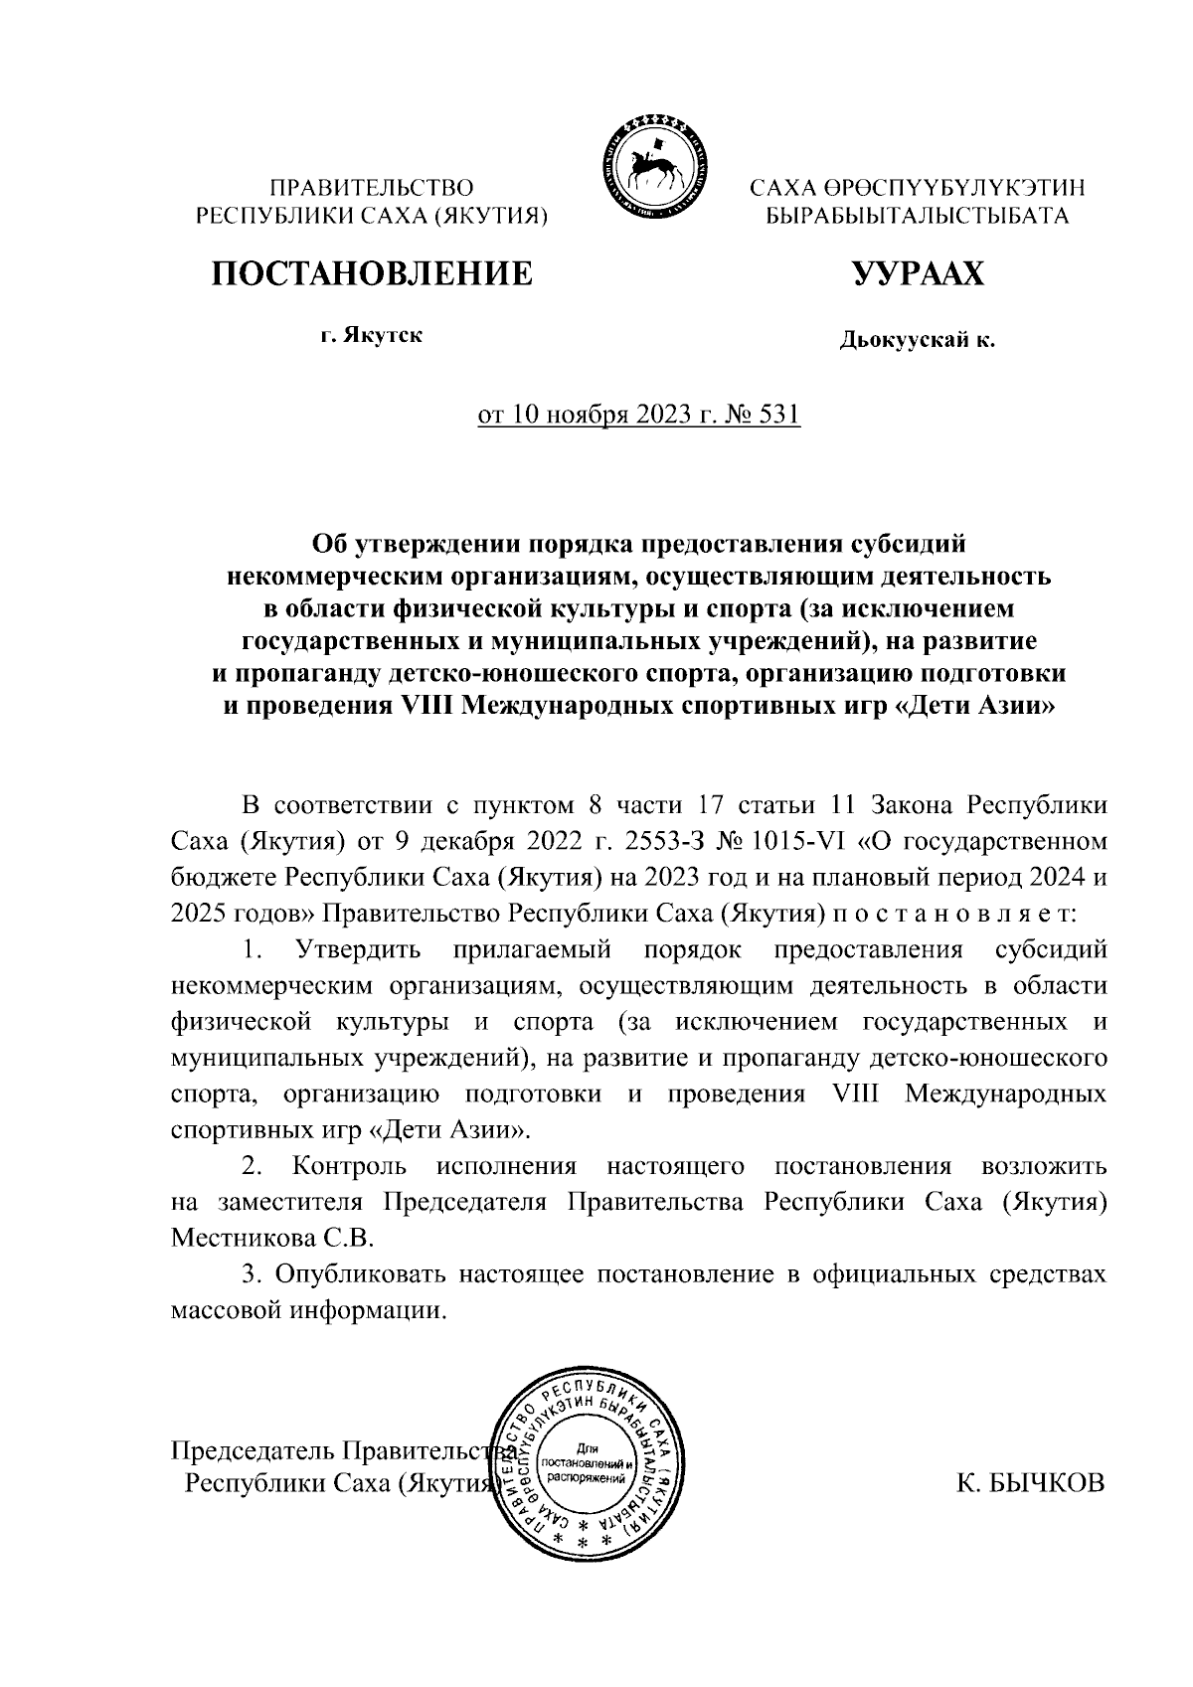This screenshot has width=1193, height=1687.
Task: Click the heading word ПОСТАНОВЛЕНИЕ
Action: tap(370, 273)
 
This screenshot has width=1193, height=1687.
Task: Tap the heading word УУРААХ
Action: tap(917, 273)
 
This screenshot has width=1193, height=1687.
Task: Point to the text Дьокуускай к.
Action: tap(917, 341)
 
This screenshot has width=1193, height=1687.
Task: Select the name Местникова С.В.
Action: tap(271, 1239)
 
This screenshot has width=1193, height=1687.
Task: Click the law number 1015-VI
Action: tap(800, 843)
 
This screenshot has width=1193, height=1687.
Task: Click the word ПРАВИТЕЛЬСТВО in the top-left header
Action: tap(373, 186)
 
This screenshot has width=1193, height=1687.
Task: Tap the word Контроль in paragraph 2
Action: tap(349, 1166)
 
